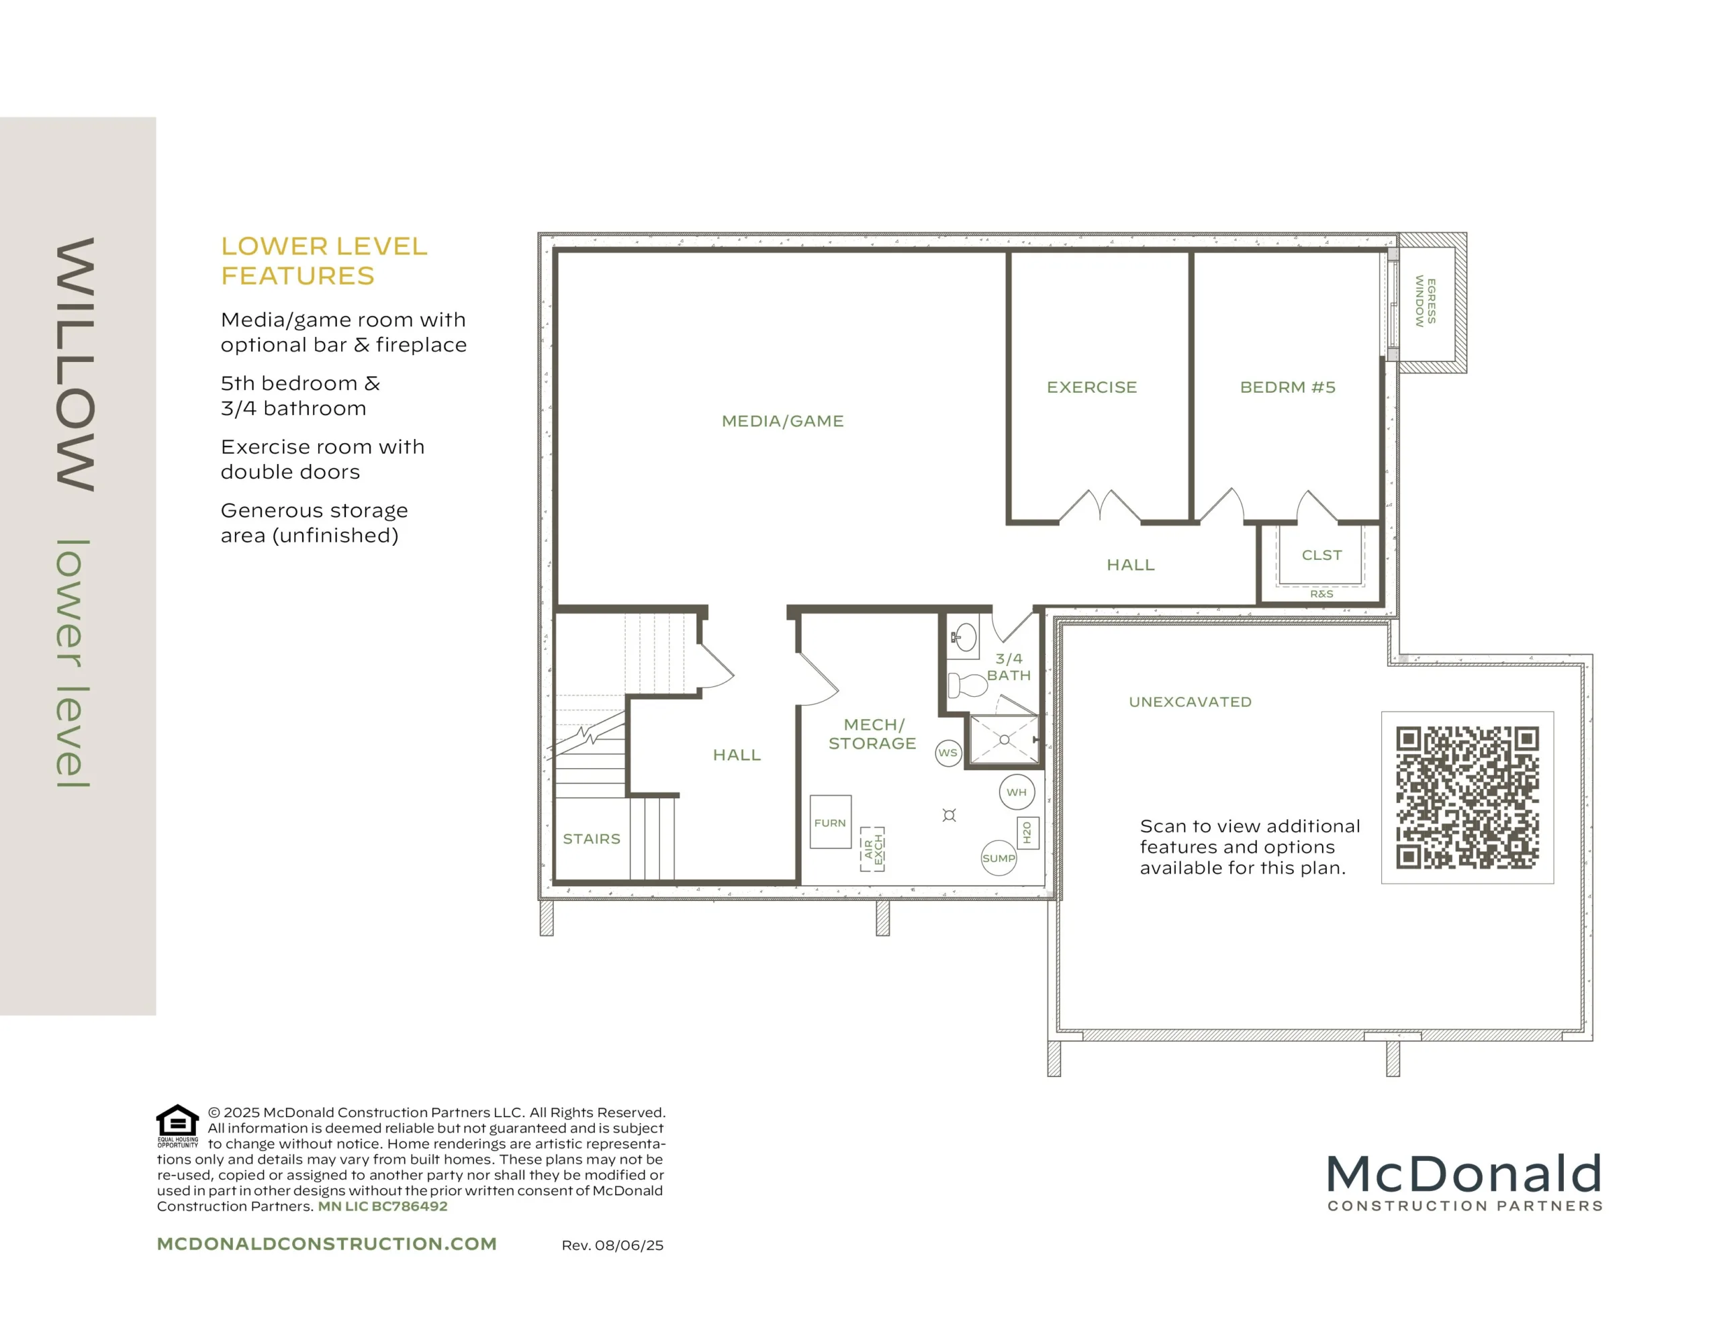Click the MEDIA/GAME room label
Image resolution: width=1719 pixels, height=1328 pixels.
782,421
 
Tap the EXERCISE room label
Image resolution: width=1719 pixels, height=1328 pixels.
1092,387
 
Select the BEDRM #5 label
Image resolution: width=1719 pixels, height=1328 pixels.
1288,387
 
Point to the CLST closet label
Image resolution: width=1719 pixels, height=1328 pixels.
1321,555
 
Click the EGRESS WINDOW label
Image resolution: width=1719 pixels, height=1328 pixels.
1426,301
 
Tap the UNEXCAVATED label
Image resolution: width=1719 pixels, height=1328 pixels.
1190,702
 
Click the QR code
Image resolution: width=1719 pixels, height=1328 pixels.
1467,798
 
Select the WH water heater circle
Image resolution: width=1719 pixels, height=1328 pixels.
1016,793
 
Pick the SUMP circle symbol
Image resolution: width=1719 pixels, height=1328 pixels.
998,858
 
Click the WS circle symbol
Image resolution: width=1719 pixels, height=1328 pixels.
948,753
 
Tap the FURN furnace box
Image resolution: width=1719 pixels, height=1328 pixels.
831,822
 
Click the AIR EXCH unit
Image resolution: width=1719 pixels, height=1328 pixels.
872,849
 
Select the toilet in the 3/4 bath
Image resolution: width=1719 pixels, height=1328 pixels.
968,685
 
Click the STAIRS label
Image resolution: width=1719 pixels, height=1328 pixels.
592,839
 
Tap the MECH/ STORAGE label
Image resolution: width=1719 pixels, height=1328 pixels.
872,734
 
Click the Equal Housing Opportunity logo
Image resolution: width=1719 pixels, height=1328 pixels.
178,1126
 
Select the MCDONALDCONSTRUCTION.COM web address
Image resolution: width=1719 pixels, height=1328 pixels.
326,1244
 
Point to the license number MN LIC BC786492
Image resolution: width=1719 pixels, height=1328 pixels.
383,1206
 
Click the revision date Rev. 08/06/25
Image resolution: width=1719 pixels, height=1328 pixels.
612,1245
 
